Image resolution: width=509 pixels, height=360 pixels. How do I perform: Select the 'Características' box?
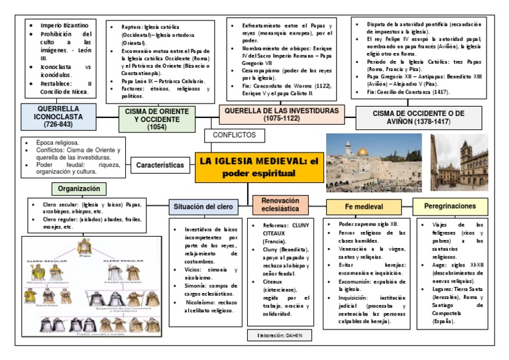pos(160,165)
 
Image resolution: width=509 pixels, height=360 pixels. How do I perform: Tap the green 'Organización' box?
pos(79,188)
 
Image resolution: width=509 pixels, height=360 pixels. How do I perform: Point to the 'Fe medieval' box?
pos(364,208)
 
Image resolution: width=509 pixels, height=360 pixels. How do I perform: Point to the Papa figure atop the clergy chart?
pos(84,245)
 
